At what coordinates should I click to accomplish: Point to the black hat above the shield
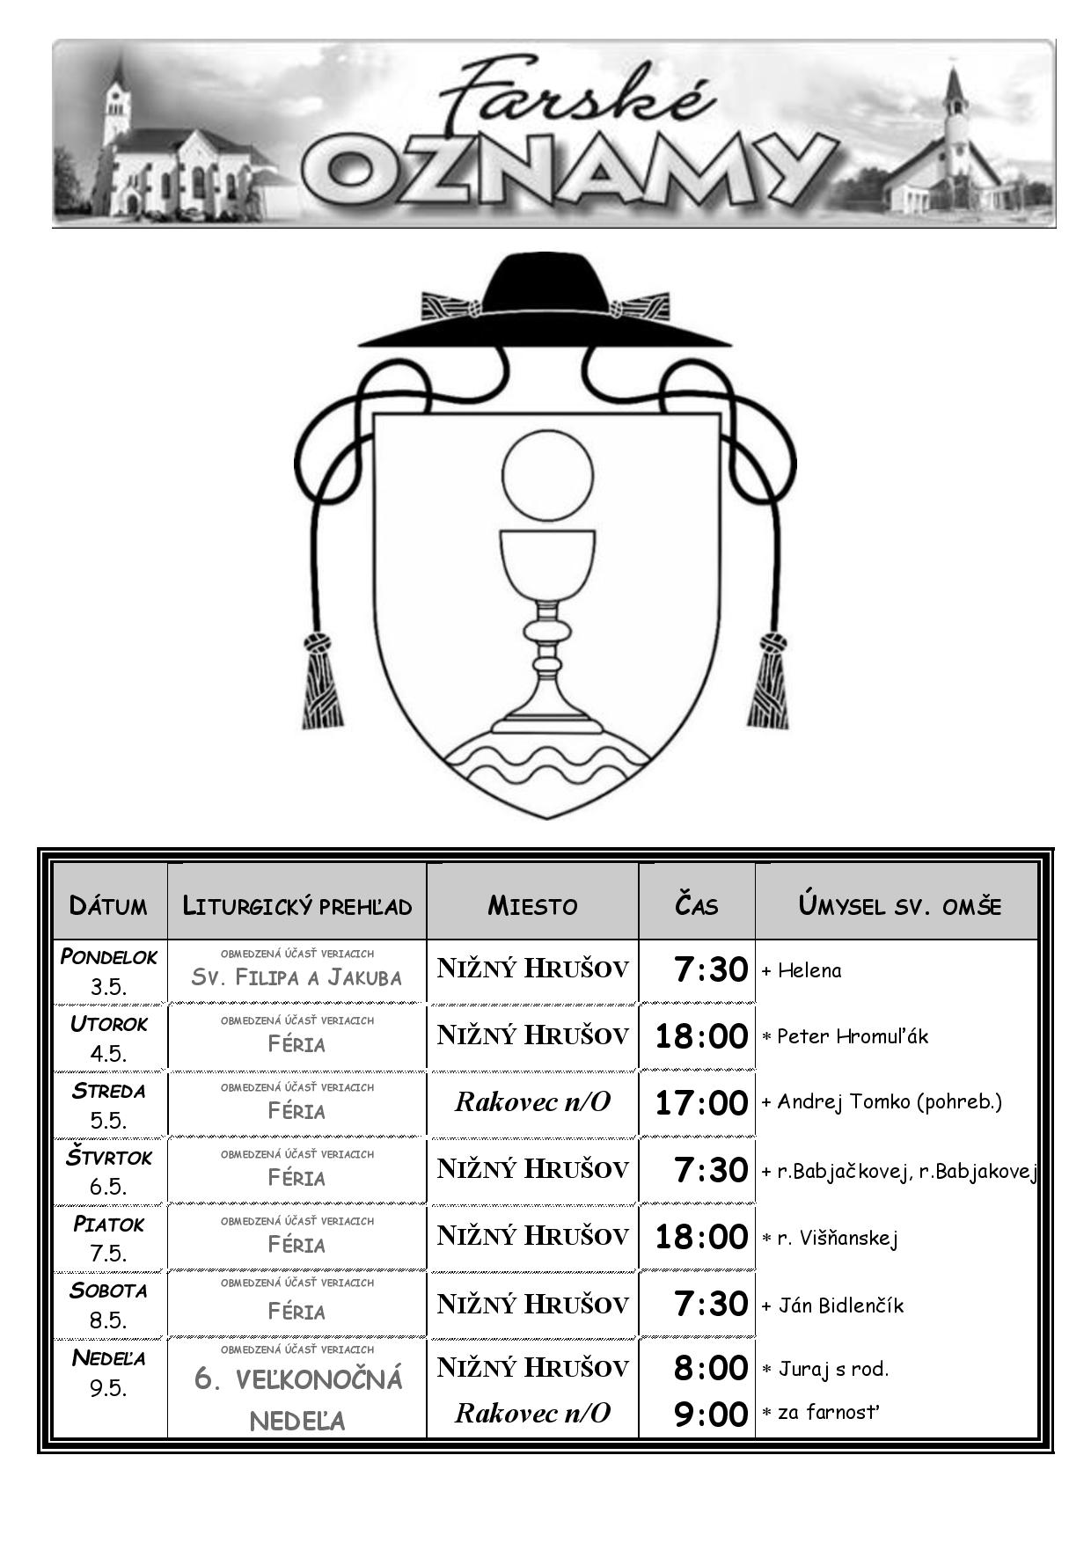545,300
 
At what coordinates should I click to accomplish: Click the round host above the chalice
548,475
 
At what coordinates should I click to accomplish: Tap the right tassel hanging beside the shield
769,682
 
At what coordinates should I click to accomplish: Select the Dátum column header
108,906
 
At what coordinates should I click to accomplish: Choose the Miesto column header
532,906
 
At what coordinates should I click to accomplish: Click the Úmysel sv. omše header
899,906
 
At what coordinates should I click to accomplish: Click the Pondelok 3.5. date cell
109,971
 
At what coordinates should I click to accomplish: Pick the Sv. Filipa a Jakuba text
297,977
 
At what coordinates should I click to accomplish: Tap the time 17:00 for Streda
701,1102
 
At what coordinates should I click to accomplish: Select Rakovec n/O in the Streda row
532,1102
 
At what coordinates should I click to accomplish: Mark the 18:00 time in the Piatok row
701,1237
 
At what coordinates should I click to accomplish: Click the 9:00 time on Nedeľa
711,1415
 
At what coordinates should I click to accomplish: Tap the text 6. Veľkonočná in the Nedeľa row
298,1379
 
